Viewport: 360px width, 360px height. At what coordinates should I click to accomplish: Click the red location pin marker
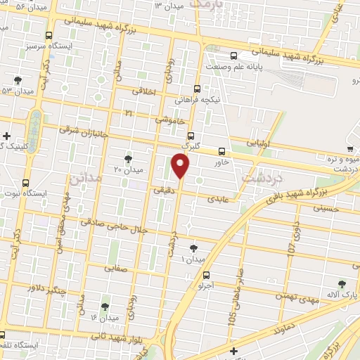pos(181,165)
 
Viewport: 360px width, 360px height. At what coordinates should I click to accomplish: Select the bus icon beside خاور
pos(221,151)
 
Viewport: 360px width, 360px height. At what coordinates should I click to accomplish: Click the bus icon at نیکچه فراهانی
pos(198,89)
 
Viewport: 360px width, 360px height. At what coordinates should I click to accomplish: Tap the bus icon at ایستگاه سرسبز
pos(48,35)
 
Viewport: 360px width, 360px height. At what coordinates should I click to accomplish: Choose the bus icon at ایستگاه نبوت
pos(26,182)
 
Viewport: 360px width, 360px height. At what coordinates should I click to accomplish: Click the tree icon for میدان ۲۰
pos(127,159)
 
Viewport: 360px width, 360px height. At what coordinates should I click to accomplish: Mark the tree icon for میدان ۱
pos(194,247)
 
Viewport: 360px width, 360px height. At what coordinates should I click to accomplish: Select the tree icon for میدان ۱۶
pos(105,307)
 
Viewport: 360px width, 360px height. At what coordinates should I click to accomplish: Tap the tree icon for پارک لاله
pos(342,284)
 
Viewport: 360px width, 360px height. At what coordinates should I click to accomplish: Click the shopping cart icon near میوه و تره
pos(349,148)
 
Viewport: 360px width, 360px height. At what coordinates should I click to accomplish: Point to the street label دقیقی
pos(158,189)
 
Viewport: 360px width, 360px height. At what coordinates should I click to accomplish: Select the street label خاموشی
pos(170,120)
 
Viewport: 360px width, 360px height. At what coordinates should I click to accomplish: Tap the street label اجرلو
pos(203,287)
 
